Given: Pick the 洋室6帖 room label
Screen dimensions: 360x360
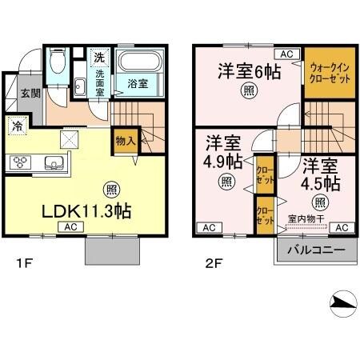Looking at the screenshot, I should [x=250, y=72].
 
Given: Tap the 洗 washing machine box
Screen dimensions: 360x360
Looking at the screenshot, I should [x=99, y=58].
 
